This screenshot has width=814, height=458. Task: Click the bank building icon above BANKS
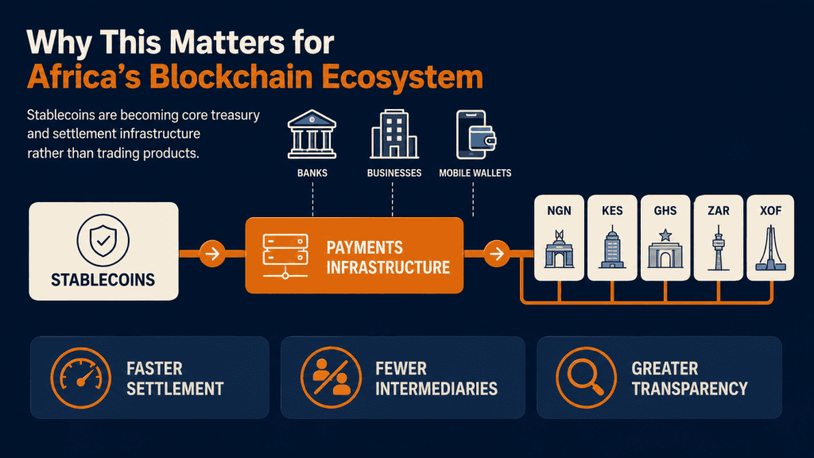[x=312, y=134]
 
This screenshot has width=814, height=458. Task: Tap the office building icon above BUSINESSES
[x=394, y=134]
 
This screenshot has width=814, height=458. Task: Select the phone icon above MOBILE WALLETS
[x=475, y=134]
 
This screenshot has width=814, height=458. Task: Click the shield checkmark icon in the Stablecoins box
[x=103, y=240]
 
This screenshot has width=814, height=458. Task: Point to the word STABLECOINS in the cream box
[x=103, y=280]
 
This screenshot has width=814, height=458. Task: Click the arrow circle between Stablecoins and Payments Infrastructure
[x=212, y=254]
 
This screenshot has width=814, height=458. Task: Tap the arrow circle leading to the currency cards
[x=497, y=254]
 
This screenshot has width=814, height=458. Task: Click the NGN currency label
[x=559, y=211]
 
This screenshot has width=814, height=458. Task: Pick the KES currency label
[x=612, y=211]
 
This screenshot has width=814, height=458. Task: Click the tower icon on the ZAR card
[x=719, y=248]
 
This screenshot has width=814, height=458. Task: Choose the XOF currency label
[x=770, y=211]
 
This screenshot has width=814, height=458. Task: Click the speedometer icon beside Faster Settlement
[x=81, y=378]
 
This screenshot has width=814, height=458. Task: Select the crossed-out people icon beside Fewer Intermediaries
[x=331, y=378]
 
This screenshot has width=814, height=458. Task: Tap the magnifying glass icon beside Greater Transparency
[x=586, y=378]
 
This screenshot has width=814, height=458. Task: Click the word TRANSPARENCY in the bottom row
[x=689, y=388]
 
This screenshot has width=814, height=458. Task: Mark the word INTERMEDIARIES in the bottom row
[x=436, y=388]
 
